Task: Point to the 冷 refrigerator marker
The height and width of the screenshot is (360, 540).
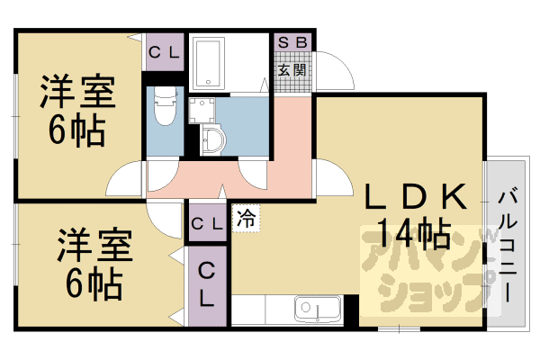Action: pos(245,217)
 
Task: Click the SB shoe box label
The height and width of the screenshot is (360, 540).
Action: pos(292,42)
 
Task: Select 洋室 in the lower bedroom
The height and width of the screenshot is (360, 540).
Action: pos(95,246)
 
